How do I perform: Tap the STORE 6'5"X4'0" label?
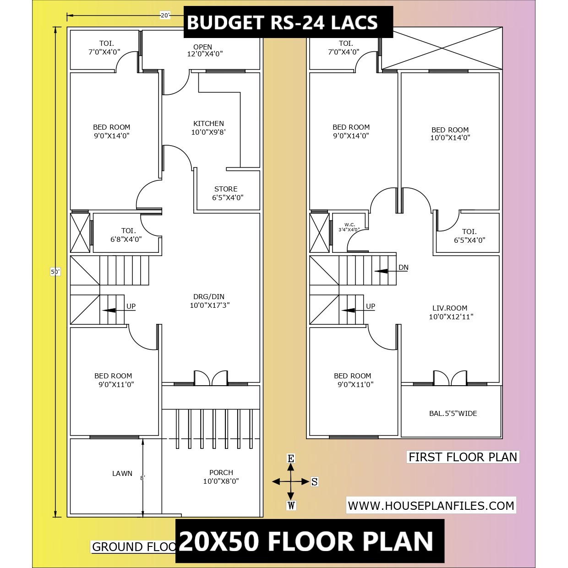(228, 193)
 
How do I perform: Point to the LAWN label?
(122, 473)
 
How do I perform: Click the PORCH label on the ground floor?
(221, 473)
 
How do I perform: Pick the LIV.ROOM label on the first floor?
(450, 308)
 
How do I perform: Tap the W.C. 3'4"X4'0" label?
(350, 227)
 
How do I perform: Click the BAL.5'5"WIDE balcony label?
(453, 414)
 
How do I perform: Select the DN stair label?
(403, 268)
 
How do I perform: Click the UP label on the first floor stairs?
(371, 306)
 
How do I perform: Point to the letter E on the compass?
(290, 459)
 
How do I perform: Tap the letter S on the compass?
(314, 482)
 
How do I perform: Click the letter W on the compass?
(291, 506)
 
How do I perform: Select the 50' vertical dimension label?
(55, 272)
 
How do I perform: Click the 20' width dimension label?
(165, 15)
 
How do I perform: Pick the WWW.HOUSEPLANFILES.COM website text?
(431, 506)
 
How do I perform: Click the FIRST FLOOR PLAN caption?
(463, 457)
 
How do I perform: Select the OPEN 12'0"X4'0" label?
(205, 50)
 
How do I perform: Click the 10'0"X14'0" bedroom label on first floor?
(450, 138)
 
